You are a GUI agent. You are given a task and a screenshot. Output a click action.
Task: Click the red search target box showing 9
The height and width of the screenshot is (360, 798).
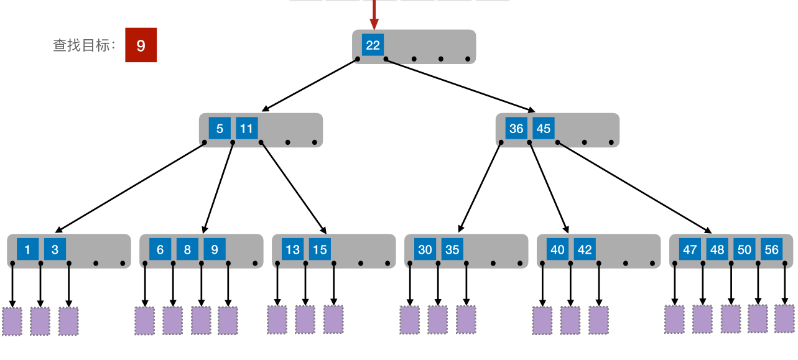[x=141, y=45]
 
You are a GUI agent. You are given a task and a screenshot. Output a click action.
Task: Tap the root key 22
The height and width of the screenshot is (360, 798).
[x=373, y=45]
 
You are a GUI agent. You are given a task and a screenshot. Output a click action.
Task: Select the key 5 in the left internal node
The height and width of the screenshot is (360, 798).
[x=220, y=129]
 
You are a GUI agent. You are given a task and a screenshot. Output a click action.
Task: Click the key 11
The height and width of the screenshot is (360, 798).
[x=247, y=129]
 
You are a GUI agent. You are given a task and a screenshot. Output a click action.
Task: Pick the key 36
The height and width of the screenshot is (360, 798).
[x=516, y=129]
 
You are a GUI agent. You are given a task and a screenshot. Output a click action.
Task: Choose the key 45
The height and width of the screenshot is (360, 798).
[x=544, y=129]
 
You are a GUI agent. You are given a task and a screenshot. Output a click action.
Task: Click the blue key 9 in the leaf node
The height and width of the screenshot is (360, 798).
[x=215, y=250]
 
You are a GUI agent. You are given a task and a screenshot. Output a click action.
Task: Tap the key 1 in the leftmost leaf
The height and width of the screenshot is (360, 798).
[x=27, y=250]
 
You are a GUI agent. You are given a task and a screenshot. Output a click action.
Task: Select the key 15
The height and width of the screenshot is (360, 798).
[x=320, y=250]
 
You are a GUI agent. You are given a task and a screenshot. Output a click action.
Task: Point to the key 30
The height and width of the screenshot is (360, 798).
[x=425, y=250]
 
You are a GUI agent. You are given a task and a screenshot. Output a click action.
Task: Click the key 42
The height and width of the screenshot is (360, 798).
[x=585, y=250]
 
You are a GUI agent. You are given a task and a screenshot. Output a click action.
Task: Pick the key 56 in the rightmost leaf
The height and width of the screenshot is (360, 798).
[x=771, y=250]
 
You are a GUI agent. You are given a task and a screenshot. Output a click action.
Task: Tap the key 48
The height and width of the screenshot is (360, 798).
[x=717, y=250]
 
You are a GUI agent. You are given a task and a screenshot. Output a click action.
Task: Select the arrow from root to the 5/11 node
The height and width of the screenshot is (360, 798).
[x=310, y=85]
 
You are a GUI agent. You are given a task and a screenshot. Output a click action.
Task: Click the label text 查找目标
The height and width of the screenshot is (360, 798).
[x=84, y=45]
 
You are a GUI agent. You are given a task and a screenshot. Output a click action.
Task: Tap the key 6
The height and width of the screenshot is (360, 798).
[x=160, y=250]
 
